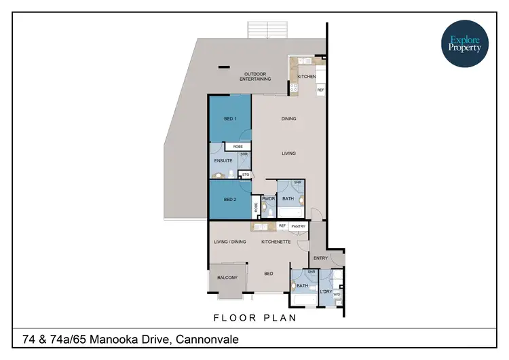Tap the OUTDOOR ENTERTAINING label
[x=256, y=76]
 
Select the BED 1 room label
[x=229, y=119]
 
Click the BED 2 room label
[x=229, y=200]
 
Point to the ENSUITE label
[x=223, y=161]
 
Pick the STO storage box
[x=246, y=175]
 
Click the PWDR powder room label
[x=268, y=199]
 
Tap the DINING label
[x=289, y=119]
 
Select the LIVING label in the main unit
[x=289, y=154]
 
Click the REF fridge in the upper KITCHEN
[x=320, y=89]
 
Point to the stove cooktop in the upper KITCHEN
[x=294, y=88]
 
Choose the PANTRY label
[x=299, y=226]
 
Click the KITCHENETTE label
[x=276, y=241]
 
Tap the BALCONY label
[x=227, y=277]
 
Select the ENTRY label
[x=320, y=258]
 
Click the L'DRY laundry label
[x=326, y=291]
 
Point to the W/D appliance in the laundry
[x=337, y=295]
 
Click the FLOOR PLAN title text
[x=254, y=317]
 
